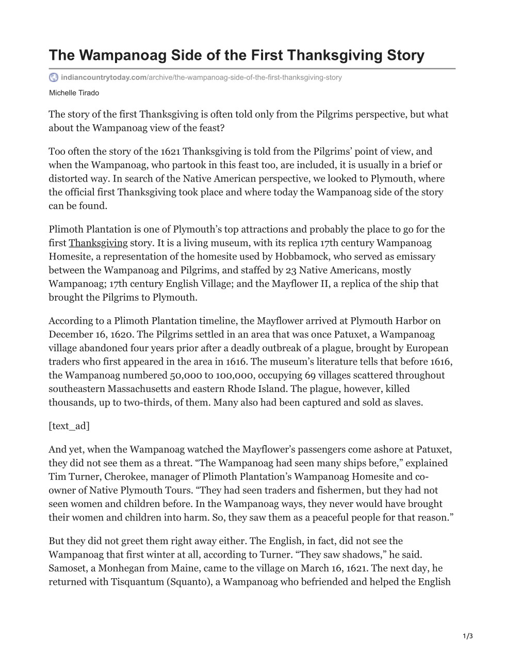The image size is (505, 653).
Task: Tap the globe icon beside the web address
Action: pyautogui.click(x=54, y=77)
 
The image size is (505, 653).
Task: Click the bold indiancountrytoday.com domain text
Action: pyautogui.click(x=103, y=77)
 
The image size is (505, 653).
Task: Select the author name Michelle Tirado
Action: pyautogui.click(x=74, y=93)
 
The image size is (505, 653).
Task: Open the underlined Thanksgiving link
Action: pyautogui.click(x=98, y=243)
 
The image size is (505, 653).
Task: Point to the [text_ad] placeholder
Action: pyautogui.click(x=69, y=426)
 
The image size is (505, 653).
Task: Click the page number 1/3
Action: pyautogui.click(x=468, y=636)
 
